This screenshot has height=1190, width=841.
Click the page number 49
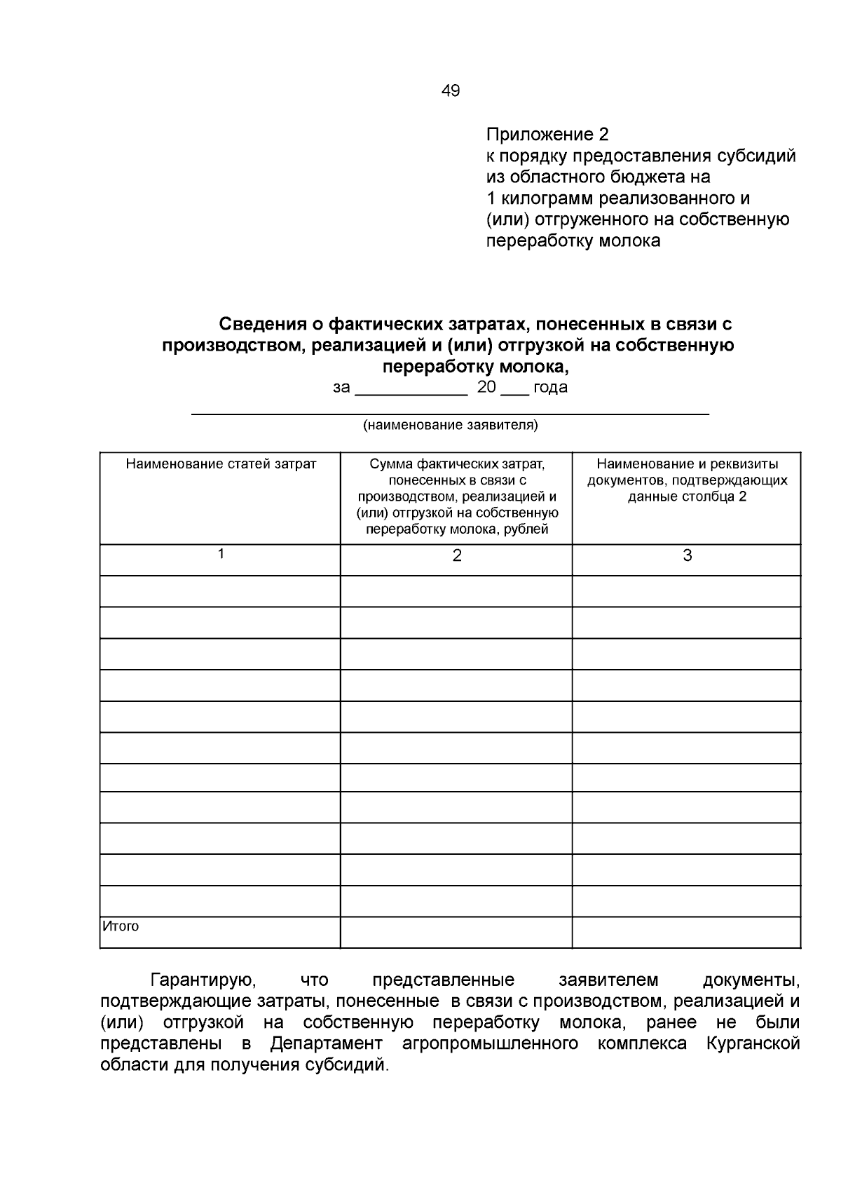point(451,90)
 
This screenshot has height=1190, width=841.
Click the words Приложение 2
point(547,134)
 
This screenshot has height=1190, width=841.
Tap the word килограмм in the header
point(545,198)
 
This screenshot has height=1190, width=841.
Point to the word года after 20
point(550,387)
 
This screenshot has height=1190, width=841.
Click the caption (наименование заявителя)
point(450,425)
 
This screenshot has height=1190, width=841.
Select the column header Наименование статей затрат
point(221,464)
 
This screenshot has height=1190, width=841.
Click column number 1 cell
point(221,554)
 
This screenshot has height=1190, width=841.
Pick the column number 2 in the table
point(457,556)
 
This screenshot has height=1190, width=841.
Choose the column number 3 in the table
point(687,556)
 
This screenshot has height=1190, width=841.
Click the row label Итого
point(121,926)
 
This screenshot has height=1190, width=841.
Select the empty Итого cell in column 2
point(456,932)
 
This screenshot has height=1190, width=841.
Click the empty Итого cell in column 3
point(686,932)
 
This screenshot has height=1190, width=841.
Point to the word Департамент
point(327,1043)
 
